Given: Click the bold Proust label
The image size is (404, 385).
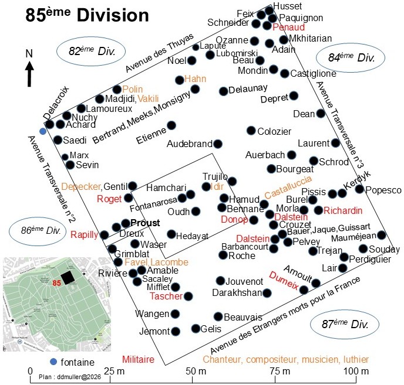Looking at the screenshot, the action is [x=145, y=223].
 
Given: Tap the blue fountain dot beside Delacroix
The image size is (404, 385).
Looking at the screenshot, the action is [x=43, y=131].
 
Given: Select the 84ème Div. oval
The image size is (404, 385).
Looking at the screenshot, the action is [x=351, y=57].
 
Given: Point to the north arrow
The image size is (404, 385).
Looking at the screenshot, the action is [x=29, y=74].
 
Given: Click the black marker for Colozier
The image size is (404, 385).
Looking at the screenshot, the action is [x=251, y=131].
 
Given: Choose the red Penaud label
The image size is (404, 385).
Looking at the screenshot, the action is [x=288, y=28].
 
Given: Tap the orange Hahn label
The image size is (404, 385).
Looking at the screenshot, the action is [x=196, y=79].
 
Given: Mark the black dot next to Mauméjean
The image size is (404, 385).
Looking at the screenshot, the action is [x=382, y=235].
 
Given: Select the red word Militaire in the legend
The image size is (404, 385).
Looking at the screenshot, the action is [x=138, y=359].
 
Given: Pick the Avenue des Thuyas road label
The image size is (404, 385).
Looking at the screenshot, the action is [x=160, y=53].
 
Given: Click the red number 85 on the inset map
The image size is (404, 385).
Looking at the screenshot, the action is [x=57, y=283].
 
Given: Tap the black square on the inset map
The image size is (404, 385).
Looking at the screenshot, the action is [x=68, y=278].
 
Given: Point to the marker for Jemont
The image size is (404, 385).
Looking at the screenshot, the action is [x=176, y=332].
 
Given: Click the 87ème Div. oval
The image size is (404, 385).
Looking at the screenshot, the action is [x=345, y=325].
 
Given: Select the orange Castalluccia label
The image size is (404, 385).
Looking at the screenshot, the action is [x=288, y=187].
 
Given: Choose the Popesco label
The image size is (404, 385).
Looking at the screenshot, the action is [x=383, y=190].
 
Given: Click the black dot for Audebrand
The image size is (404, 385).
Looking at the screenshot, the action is [x=218, y=144].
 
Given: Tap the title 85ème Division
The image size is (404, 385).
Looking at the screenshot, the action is [x=87, y=15].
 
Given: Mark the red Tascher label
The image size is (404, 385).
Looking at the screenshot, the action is [x=166, y=296].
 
